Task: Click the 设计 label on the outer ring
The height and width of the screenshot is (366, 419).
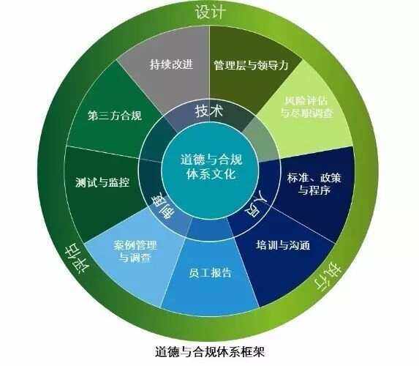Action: (x=211, y=11)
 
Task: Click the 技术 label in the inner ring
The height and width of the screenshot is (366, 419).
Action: (x=209, y=111)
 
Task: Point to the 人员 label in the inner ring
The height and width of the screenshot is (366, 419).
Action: (x=257, y=204)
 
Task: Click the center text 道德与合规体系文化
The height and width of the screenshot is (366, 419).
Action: (x=211, y=167)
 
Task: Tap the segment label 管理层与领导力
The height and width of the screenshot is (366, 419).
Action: (x=251, y=65)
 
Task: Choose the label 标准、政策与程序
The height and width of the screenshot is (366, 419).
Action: (x=314, y=184)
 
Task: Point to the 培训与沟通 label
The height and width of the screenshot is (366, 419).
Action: (x=283, y=244)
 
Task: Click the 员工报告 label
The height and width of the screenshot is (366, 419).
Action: (x=210, y=272)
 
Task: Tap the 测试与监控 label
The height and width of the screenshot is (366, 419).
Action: (x=102, y=182)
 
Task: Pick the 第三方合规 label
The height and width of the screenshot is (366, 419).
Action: (x=115, y=116)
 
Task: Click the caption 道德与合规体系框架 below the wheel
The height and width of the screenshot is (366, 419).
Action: (x=210, y=351)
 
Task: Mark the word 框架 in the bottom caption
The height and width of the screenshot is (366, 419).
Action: (x=252, y=351)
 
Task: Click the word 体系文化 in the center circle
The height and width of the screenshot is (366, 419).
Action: (x=211, y=174)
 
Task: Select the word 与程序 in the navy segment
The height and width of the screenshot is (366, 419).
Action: (x=314, y=190)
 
